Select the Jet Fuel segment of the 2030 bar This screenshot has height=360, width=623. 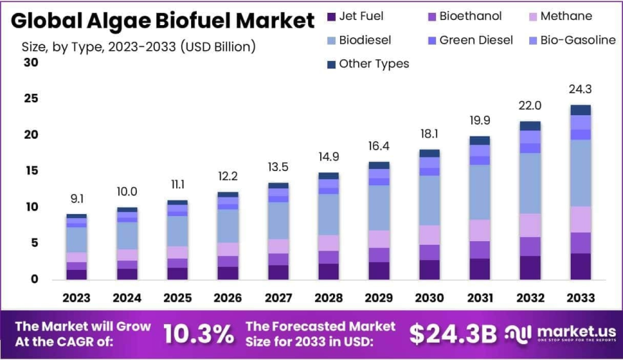[430, 269]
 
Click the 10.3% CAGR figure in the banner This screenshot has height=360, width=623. [198, 334]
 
